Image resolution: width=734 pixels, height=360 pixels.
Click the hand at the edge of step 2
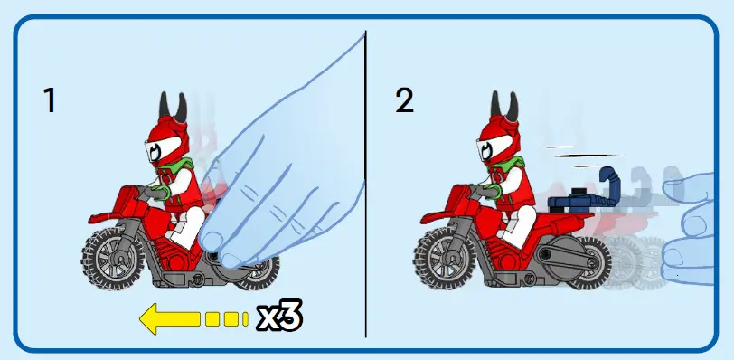click(x=696, y=226)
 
